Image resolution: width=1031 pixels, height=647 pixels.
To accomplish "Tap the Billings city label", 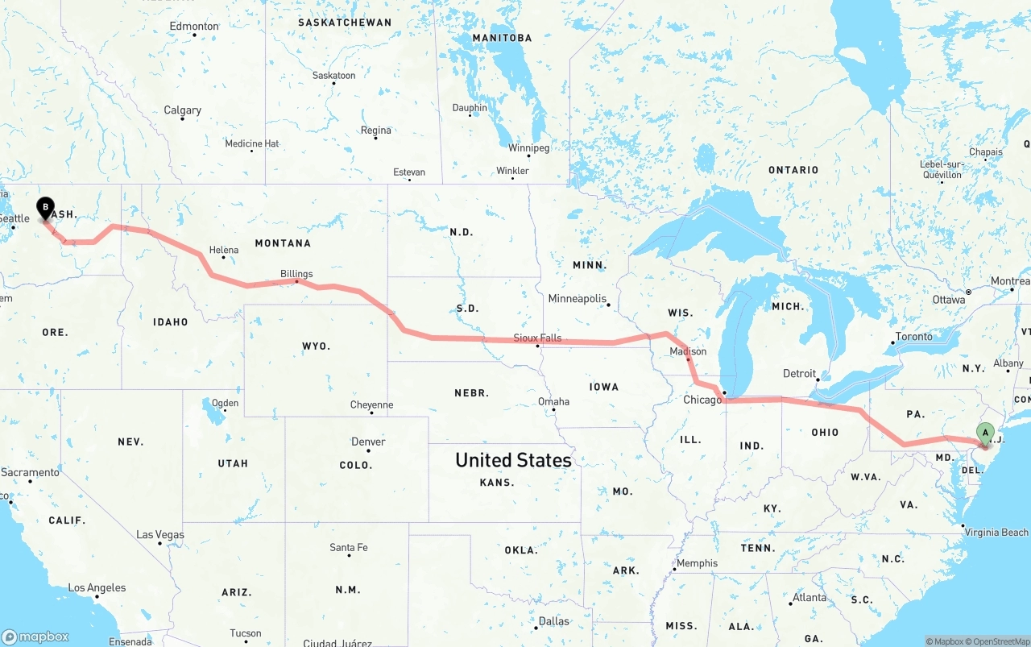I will click(x=296, y=273).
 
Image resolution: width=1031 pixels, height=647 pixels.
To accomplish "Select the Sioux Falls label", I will click(x=539, y=338).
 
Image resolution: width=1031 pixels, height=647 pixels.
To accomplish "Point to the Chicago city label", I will click(x=702, y=400).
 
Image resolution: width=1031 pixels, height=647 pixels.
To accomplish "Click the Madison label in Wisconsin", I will click(x=688, y=351).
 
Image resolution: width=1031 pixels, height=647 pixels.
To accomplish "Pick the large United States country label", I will click(x=513, y=460).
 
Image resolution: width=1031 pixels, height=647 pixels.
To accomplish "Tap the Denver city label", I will click(x=368, y=442).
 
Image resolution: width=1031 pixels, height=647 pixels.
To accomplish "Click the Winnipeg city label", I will click(x=528, y=148).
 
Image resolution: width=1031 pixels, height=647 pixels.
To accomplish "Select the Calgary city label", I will click(x=183, y=110).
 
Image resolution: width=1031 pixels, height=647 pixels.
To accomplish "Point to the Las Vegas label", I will click(x=159, y=534).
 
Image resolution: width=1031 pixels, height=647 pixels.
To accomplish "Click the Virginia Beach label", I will click(x=996, y=532).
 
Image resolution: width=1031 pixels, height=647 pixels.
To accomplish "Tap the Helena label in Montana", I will click(x=224, y=250).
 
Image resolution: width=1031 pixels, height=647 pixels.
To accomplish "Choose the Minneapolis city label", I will click(x=577, y=298).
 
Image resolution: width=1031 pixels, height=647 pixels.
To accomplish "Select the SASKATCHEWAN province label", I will click(x=345, y=23).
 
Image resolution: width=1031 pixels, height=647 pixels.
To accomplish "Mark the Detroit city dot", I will click(x=817, y=379).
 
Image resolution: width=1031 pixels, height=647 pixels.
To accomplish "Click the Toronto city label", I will click(x=913, y=336).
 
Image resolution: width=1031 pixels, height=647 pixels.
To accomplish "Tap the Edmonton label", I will click(x=194, y=26).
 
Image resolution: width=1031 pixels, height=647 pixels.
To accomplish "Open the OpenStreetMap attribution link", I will click(x=1000, y=641).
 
